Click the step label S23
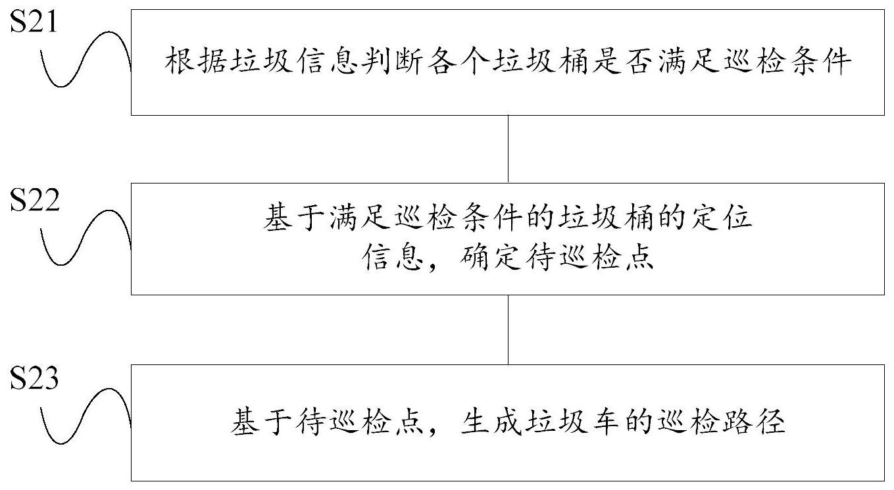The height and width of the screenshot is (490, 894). click(34, 380)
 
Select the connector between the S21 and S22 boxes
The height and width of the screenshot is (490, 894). click(508, 149)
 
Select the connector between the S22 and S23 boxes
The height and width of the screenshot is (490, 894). click(508, 329)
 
